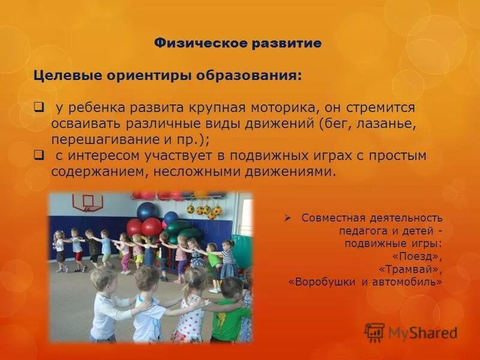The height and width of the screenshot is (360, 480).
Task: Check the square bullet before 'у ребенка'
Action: point(39,107)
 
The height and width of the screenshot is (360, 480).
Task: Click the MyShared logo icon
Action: point(374,332)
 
